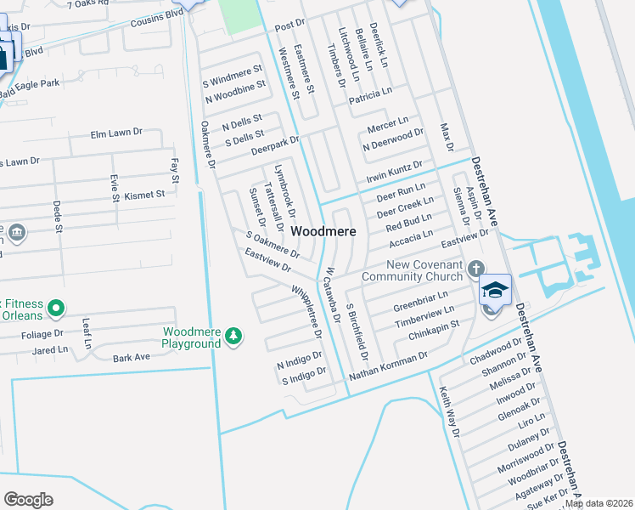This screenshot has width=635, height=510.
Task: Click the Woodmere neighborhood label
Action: click(323, 231)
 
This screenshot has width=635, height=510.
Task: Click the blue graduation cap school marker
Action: click(495, 291)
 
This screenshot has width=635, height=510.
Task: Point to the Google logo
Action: click(28, 500)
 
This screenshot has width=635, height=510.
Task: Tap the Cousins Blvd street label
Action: click(157, 18)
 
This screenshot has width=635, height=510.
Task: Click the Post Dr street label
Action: click(289, 27)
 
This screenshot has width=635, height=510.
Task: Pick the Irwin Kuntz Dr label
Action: click(394, 168)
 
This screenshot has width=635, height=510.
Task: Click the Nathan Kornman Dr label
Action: click(387, 365)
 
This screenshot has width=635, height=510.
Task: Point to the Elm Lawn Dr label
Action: click(116, 133)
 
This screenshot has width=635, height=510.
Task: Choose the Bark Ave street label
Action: click(131, 358)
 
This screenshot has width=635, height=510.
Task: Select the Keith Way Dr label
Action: click(449, 412)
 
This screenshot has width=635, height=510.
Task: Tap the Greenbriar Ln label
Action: click(420, 302)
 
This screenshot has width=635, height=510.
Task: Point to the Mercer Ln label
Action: click(387, 125)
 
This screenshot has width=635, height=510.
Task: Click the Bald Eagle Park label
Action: click(30, 83)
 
